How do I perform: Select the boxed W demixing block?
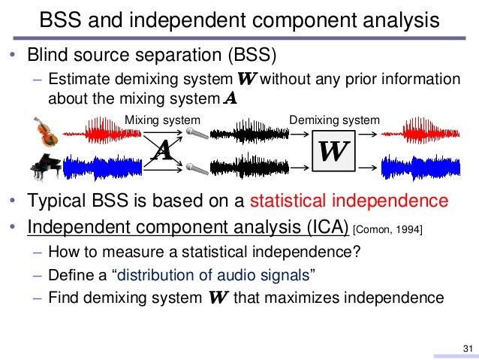tap(333, 151)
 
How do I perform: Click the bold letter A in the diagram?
tap(162, 151)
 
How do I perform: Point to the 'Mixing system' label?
tap(162, 119)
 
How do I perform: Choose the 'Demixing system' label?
tap(335, 119)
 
